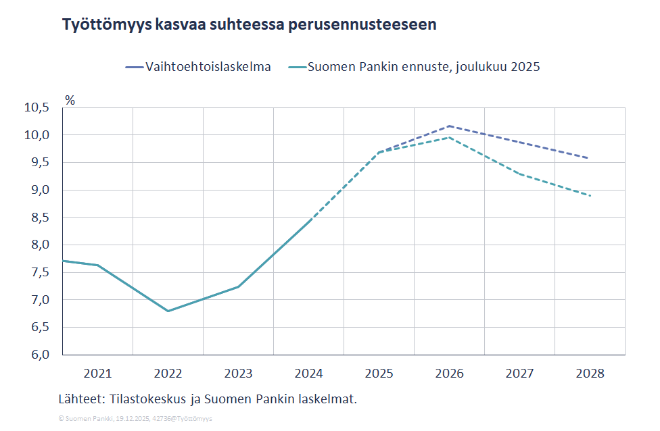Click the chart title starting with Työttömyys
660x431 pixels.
(x=249, y=25)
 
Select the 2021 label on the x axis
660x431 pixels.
(x=97, y=373)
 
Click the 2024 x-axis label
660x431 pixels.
(x=308, y=373)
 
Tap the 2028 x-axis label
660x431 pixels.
(x=590, y=373)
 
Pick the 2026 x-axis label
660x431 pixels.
(x=449, y=373)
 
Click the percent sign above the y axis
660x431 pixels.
(x=70, y=100)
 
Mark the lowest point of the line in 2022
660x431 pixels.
(x=168, y=311)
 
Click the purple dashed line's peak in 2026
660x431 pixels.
(x=449, y=126)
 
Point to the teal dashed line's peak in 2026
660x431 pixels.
(x=449, y=137)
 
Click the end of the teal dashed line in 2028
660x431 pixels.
(x=590, y=196)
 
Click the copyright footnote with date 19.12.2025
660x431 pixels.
(x=135, y=419)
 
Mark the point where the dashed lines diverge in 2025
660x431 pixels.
(x=379, y=153)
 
